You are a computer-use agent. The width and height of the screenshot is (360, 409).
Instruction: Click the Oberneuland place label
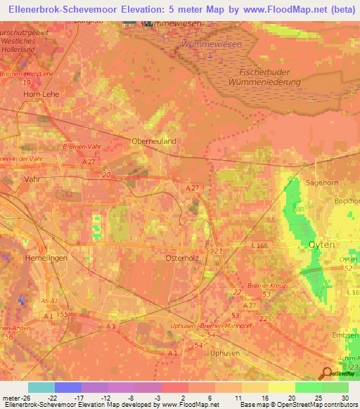coord(154,141)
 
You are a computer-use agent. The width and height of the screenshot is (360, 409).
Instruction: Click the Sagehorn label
coord(323,182)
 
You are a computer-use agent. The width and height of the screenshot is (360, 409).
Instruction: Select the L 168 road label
coord(259,245)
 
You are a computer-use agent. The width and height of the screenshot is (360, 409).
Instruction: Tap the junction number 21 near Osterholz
coord(219,251)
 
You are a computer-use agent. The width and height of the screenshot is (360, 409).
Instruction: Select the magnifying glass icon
coord(327,373)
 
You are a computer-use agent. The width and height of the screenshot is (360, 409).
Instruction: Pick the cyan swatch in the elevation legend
coord(41,387)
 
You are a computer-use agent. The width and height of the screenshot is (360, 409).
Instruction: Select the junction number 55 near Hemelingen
coord(65,316)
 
